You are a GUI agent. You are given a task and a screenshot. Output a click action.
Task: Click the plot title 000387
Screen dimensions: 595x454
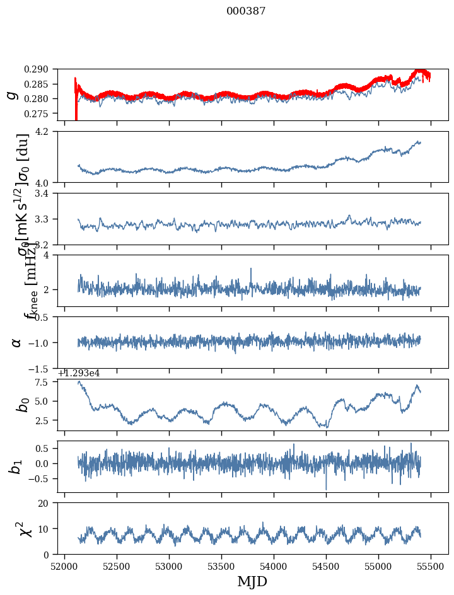[246, 11]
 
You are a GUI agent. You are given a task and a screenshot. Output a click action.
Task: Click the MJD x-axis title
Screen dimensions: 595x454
[252, 581]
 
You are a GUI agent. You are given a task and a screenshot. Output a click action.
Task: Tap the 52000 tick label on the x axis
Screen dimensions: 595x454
[64, 565]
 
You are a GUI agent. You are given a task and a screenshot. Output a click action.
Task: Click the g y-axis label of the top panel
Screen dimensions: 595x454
[11, 95]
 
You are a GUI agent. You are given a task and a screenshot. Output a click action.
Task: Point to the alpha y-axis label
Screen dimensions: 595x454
[16, 342]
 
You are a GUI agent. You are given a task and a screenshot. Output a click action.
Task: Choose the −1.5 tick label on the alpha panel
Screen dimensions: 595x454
[43, 368]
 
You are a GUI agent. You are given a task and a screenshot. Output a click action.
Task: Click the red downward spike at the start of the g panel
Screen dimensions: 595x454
[76, 115]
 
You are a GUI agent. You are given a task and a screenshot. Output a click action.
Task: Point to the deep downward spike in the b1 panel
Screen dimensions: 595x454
[326, 488]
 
